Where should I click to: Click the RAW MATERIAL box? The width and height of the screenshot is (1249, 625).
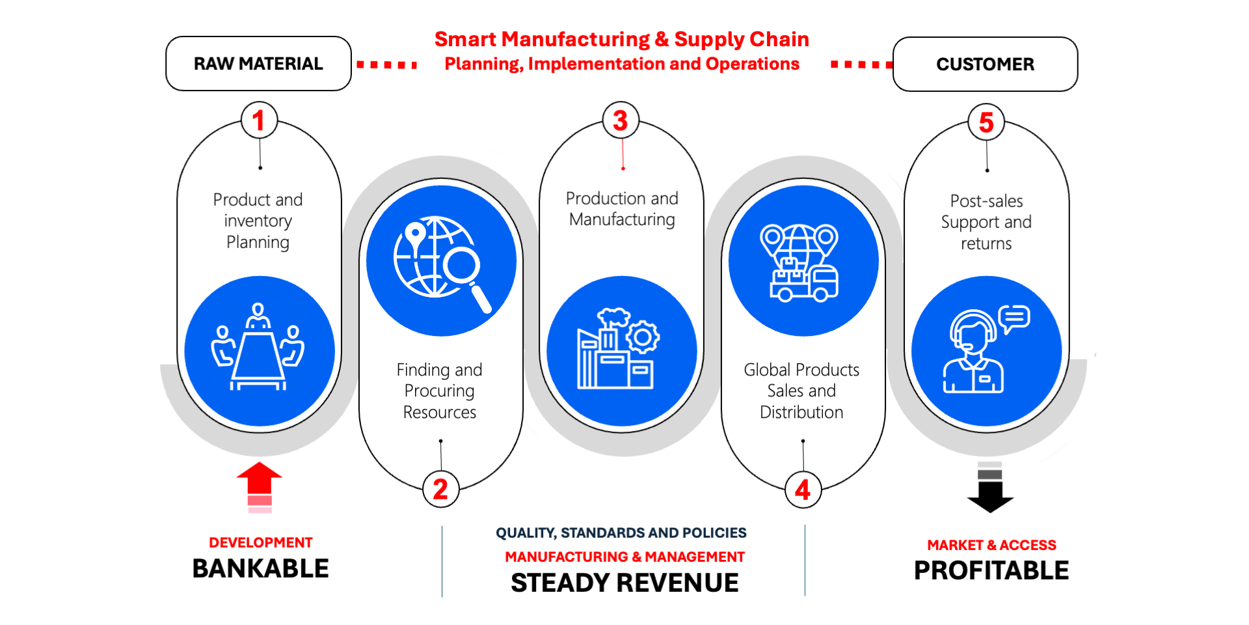click(258, 64)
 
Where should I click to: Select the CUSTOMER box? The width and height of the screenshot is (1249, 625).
click(985, 64)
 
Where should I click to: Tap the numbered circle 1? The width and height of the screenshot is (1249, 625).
click(259, 120)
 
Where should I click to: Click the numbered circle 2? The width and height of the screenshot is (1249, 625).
click(440, 490)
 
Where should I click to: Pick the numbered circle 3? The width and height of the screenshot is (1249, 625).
click(621, 120)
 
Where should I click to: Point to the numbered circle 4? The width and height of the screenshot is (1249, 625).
click(803, 490)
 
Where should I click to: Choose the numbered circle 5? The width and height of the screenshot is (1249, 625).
click(986, 122)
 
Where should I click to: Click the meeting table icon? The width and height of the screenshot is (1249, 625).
click(258, 348)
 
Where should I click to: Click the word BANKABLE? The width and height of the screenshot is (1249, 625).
click(260, 569)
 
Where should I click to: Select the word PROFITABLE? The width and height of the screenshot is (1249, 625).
click(991, 571)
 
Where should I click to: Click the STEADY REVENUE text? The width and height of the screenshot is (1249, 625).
click(624, 583)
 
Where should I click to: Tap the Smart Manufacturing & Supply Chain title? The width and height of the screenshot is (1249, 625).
click(621, 40)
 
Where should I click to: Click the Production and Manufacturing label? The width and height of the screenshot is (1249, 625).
click(622, 208)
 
